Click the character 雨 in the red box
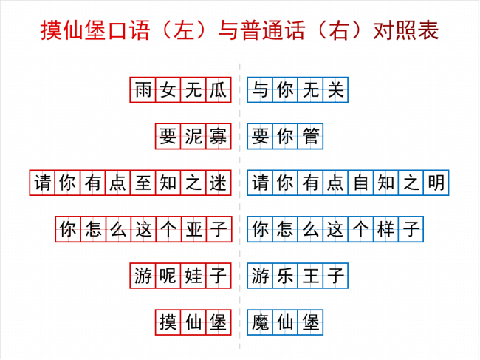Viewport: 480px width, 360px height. pos(143,90)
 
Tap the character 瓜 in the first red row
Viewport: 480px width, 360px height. pos(219,90)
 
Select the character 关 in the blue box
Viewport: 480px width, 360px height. pos(336,90)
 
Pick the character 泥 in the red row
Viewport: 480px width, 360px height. pos(193,136)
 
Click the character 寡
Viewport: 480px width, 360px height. pos(219,136)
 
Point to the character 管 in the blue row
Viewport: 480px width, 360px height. pos(311,136)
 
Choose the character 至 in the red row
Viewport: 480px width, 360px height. pos(143,183)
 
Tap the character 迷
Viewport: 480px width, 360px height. pos(219,183)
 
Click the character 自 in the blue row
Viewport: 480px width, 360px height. pos(361,183)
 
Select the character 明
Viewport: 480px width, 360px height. pos(436,183)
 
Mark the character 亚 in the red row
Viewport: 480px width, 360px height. pos(193,229)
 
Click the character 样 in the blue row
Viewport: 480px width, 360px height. pos(386,229)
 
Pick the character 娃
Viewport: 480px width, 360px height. pos(193,276)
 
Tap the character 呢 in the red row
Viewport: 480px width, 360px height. pos(168,276)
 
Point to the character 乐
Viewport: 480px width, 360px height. pos(286,276)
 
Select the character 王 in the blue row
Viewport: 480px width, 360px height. pos(311,276)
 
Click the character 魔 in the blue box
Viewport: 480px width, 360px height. pos(260,322)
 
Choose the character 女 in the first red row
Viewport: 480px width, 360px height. pos(168,90)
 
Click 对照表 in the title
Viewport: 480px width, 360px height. pos(406,30)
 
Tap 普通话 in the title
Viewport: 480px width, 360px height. pos(272,30)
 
